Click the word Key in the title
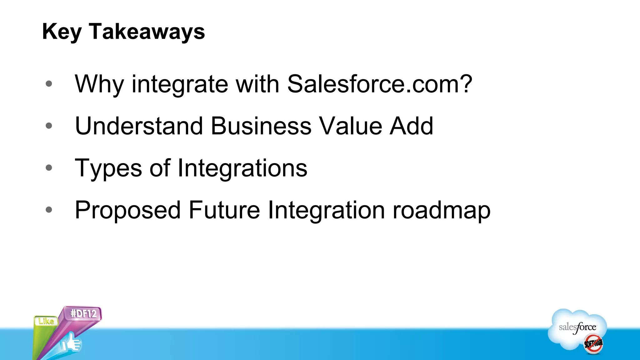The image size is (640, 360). coord(62,32)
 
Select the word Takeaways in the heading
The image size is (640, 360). coord(147,32)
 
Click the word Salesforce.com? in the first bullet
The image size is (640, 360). coord(379,84)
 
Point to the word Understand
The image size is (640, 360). coord(139,126)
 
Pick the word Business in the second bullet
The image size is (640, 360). coord(261,126)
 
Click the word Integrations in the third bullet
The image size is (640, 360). coord(242,168)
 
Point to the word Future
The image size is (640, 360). coord(224,210)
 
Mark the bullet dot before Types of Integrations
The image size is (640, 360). coord(49,168)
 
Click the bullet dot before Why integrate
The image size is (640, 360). coord(49,84)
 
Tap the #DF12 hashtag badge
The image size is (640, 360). coord(83,313)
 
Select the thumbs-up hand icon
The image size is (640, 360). coord(71,343)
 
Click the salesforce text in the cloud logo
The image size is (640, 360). coord(577,327)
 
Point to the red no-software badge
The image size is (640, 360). coord(593,343)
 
